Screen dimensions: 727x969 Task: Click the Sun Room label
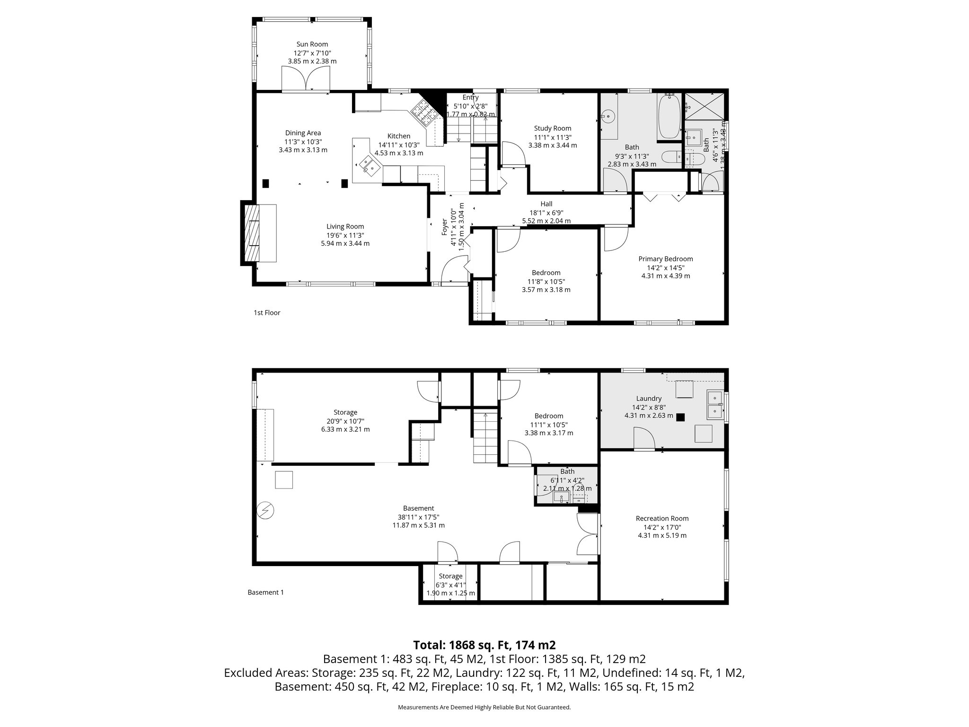point(312,44)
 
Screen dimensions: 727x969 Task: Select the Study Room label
point(552,128)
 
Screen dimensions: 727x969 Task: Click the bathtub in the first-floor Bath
point(669,116)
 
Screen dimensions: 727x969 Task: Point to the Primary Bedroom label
point(665,259)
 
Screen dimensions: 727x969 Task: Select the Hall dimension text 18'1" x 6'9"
point(546,213)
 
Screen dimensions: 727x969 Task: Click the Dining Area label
point(303,133)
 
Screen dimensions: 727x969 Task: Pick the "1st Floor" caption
point(267,313)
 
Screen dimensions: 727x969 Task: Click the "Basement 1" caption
point(265,592)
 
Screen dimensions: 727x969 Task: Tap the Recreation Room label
point(662,518)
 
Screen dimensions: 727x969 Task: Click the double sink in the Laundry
point(715,405)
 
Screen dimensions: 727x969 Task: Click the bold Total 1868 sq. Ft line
point(484,645)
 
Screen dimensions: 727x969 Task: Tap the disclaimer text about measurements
point(484,708)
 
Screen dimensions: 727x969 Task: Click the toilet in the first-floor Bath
point(671,157)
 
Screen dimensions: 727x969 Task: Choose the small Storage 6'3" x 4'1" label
point(450,576)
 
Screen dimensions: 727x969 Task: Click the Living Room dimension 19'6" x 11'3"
point(345,235)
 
